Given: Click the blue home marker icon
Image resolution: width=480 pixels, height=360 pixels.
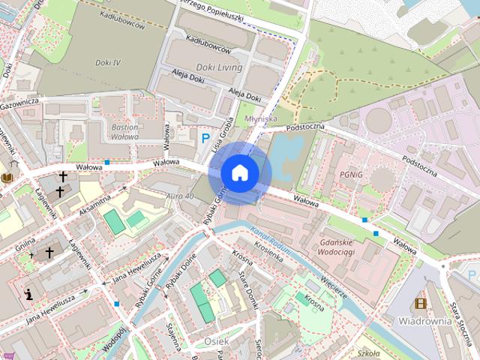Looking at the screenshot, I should (240, 172).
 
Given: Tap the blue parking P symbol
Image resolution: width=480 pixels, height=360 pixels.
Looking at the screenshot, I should (205, 138).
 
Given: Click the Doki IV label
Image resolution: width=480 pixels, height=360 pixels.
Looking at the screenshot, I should (107, 62).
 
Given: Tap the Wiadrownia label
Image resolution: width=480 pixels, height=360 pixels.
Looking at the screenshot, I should (424, 320).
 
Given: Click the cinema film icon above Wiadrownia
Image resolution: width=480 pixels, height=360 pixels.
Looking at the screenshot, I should (420, 304).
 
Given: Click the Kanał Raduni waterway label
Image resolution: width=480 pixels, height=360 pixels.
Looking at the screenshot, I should (271, 241).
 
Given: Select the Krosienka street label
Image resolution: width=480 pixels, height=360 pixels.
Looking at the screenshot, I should (268, 254).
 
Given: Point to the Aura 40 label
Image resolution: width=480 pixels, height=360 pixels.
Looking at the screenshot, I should (180, 196).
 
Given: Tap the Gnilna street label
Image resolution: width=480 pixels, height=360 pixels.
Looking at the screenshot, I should (25, 245).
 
